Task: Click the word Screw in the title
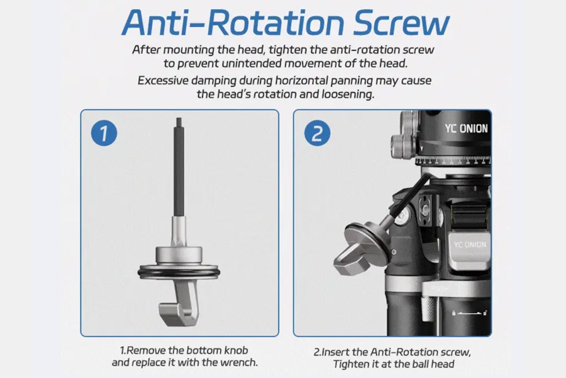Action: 401,23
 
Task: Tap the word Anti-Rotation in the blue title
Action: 233,23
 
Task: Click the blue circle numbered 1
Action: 104,133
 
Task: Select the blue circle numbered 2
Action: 317,133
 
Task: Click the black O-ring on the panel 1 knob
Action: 179,272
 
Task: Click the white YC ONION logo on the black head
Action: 466,129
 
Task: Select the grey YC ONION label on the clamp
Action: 470,244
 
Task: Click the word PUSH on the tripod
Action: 440,289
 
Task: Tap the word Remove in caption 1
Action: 145,350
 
